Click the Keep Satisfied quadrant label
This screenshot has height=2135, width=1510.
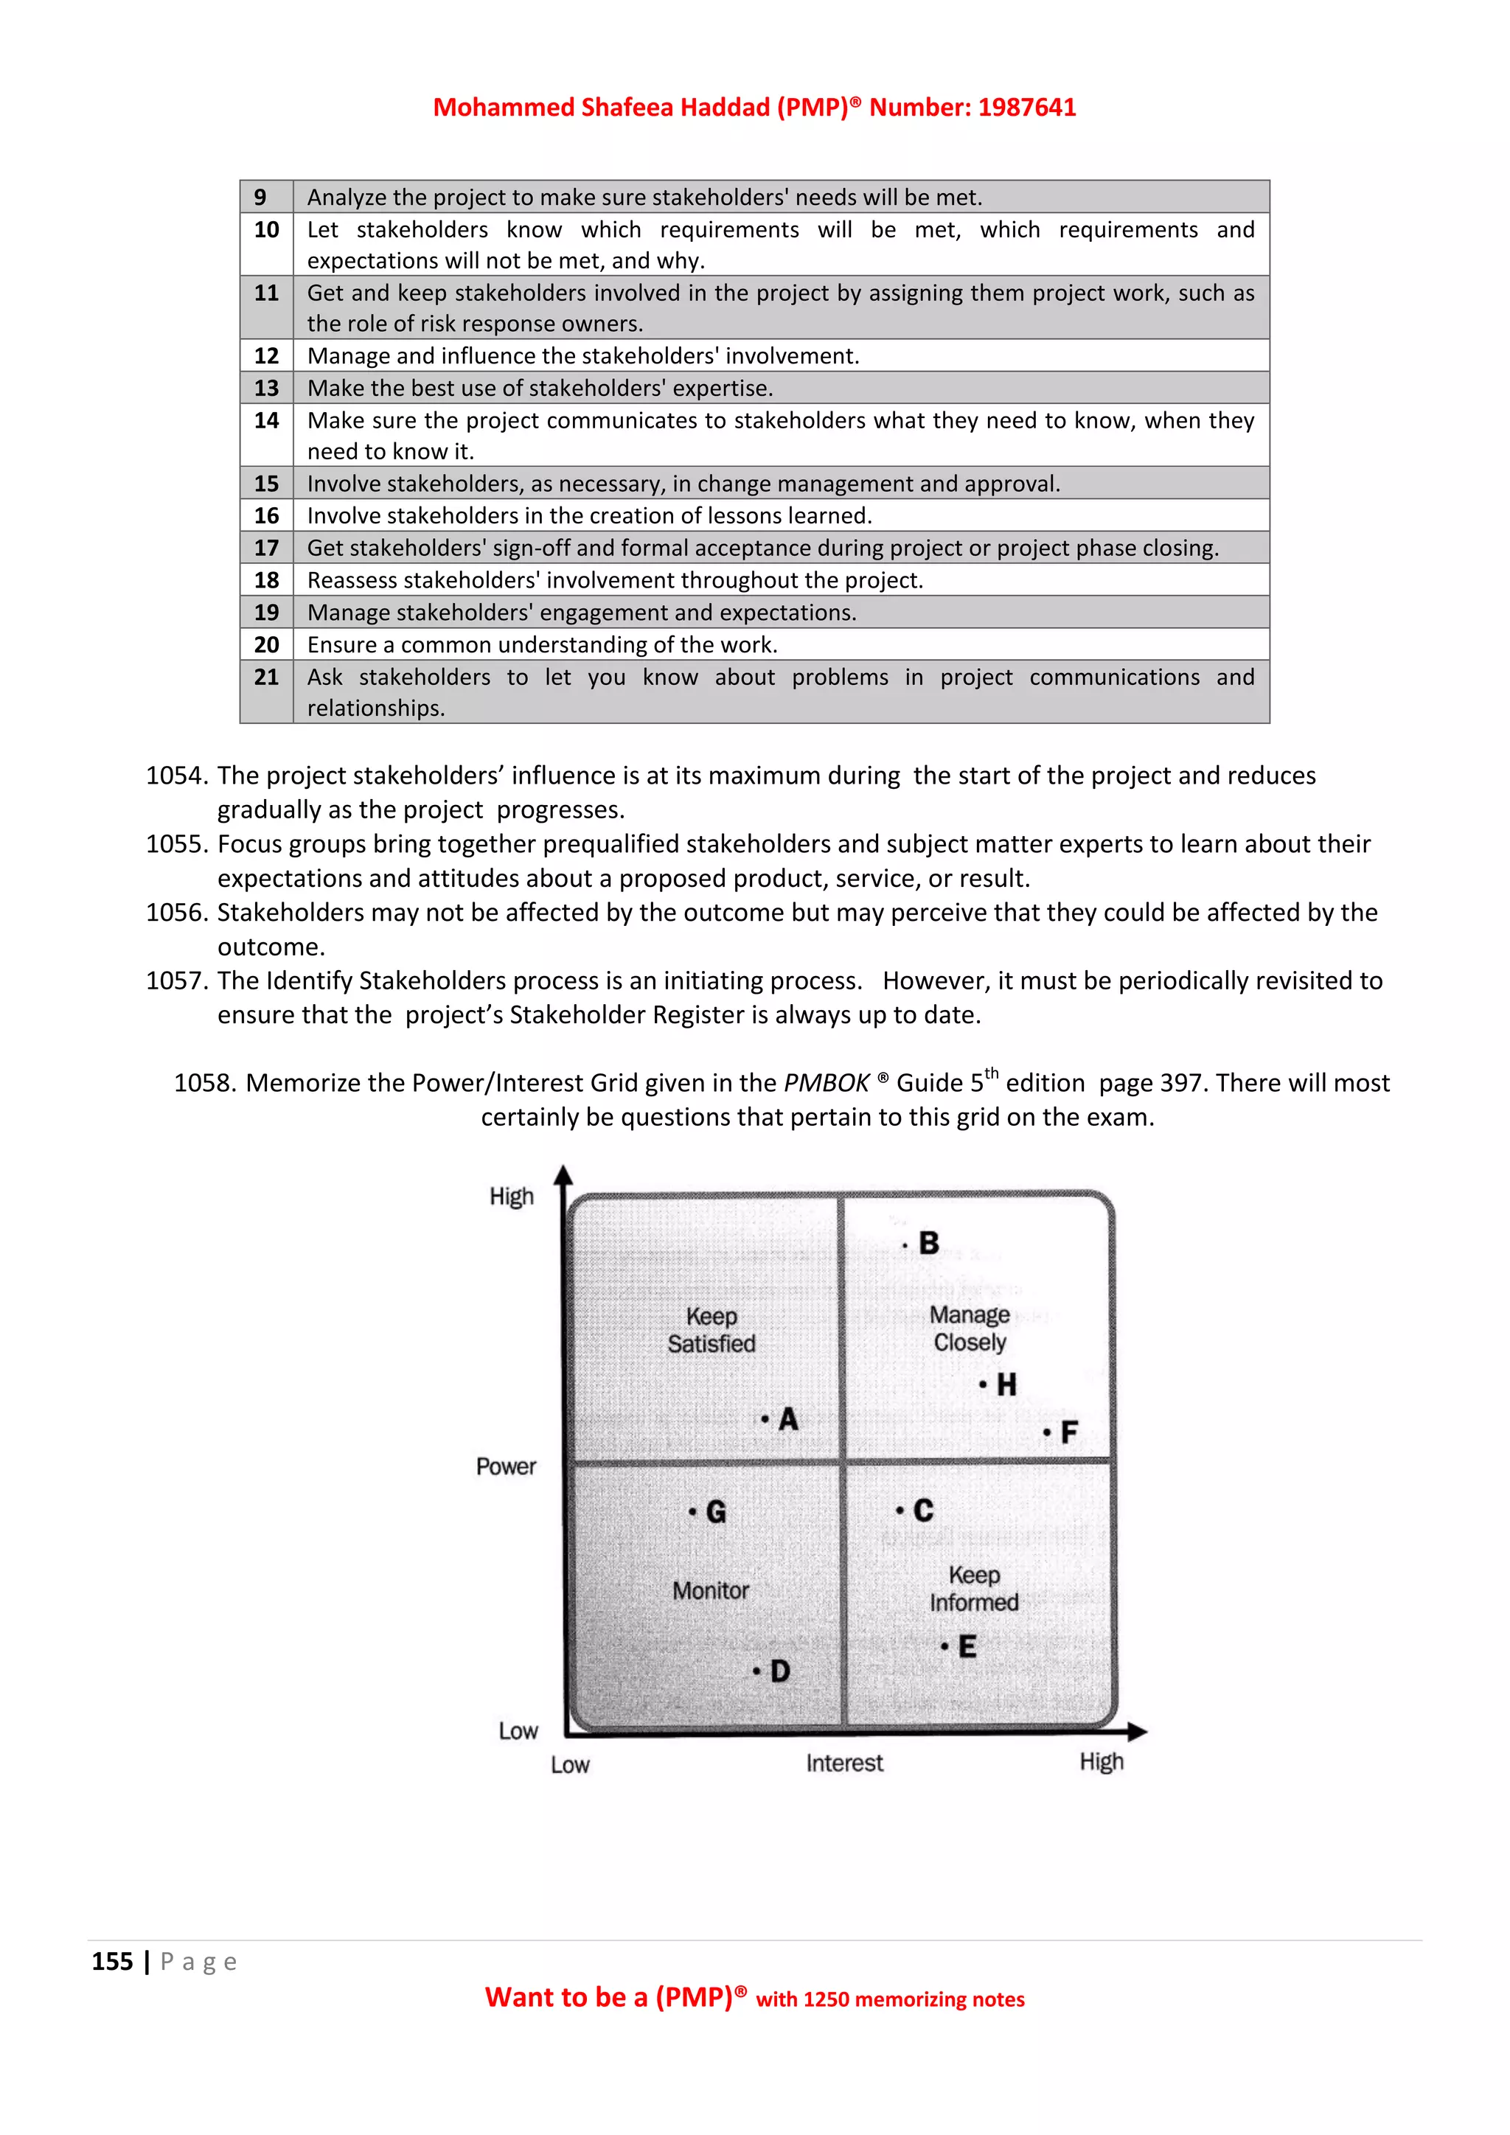[711, 1330]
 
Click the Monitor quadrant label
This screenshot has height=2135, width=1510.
[710, 1590]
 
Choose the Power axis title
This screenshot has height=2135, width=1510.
[506, 1466]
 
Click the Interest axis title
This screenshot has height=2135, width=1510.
[844, 1763]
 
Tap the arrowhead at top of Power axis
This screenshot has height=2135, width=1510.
[563, 1175]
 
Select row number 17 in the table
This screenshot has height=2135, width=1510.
[266, 548]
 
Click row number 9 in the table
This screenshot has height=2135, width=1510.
[260, 197]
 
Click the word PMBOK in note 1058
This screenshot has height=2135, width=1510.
[826, 1082]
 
